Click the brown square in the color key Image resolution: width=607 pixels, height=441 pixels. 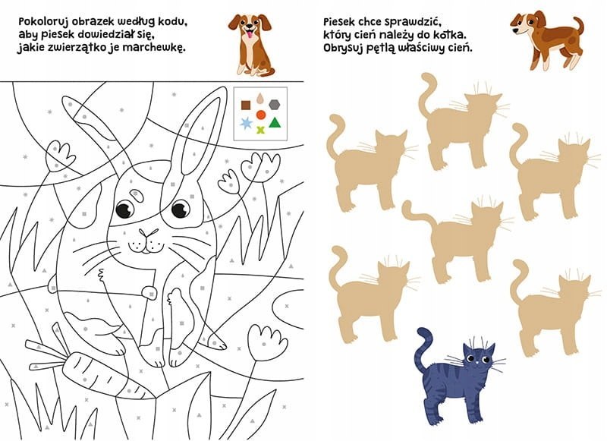tap(245, 105)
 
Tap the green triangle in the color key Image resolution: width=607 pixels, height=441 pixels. tap(275, 123)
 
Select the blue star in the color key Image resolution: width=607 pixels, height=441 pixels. tap(246, 124)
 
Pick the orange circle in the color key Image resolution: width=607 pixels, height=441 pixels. tap(261, 115)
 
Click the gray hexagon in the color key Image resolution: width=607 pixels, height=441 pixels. tap(274, 105)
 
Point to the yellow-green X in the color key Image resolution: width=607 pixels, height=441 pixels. tap(261, 130)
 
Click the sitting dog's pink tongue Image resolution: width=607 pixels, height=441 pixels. tap(250, 36)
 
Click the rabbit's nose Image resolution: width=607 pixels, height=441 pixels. tap(148, 233)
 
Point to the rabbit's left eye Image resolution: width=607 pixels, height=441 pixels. tap(125, 209)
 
